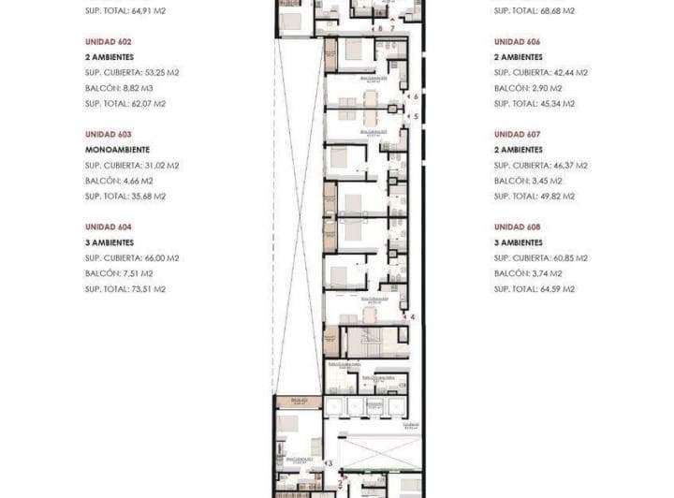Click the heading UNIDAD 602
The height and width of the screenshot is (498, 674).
point(108,42)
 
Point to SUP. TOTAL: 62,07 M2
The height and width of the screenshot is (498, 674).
point(125,104)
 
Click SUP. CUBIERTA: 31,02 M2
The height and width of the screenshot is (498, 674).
point(132,165)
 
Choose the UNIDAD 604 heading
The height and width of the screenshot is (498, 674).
point(108,227)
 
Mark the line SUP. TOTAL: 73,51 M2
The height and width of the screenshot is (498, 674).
point(125,289)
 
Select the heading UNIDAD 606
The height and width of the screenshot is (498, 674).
point(517,42)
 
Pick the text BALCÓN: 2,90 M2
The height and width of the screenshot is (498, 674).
point(528,88)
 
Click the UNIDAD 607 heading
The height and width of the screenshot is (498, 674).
point(517,134)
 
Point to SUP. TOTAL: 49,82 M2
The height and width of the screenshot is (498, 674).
point(535,197)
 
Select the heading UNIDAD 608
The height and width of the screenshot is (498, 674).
point(517,227)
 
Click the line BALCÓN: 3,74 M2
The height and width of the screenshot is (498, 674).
point(528,273)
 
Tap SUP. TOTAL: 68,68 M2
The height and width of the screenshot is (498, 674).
point(535,11)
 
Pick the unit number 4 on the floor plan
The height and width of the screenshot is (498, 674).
point(412,317)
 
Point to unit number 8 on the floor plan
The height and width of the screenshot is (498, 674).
point(380,29)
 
